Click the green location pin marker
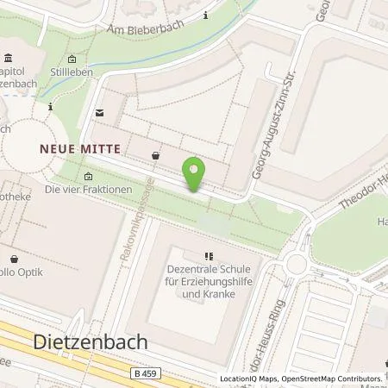pos(196,174)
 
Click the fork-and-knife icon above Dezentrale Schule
pos(209,256)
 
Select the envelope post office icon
pos(100,113)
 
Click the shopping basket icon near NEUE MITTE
pos(155,155)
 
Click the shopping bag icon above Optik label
pos(15,258)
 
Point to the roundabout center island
pos(297,265)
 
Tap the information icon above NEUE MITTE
pos(51,107)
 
